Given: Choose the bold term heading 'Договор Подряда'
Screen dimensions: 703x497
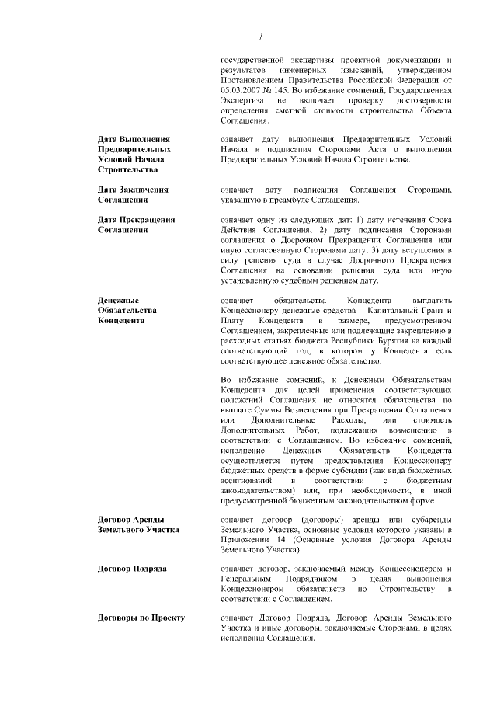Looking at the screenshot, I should click(132, 569).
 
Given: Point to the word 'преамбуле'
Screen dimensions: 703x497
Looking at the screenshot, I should click(297, 200).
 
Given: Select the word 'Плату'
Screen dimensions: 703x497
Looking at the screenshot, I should click(231, 321).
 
